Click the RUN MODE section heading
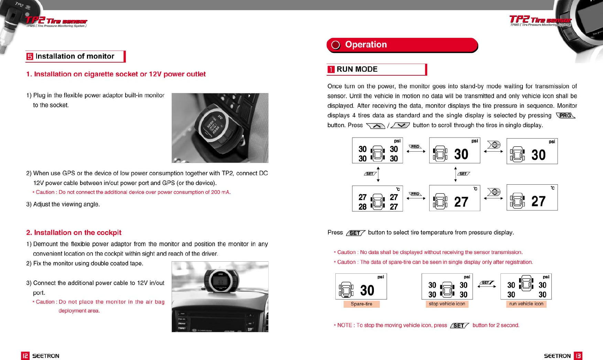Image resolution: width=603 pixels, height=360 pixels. tap(357, 69)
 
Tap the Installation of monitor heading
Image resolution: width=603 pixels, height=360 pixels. tap(75, 56)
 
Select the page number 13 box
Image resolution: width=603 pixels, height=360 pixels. tap(578, 356)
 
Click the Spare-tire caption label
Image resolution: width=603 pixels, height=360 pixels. tap(361, 304)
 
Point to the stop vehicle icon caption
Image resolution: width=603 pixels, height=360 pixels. tap(447, 304)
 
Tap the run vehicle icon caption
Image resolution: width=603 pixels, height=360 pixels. tap(526, 304)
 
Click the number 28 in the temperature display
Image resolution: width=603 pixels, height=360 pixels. tap(363, 207)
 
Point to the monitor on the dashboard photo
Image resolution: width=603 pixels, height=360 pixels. tap(220, 280)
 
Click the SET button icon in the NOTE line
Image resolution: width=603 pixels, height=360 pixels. tap(459, 325)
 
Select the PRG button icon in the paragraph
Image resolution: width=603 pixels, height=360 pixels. tap(565, 116)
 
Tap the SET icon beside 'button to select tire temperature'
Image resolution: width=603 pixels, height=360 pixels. tap(355, 233)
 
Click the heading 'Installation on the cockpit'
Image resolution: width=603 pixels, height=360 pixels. tap(74, 232)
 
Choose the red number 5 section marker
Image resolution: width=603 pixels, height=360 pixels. tap(30, 56)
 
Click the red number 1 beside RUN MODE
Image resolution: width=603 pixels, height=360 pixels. tap(331, 69)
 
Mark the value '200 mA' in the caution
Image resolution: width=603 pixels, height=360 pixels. tap(220, 192)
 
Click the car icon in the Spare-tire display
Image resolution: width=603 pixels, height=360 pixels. tap(346, 290)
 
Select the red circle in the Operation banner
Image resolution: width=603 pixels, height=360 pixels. tap(335, 45)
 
